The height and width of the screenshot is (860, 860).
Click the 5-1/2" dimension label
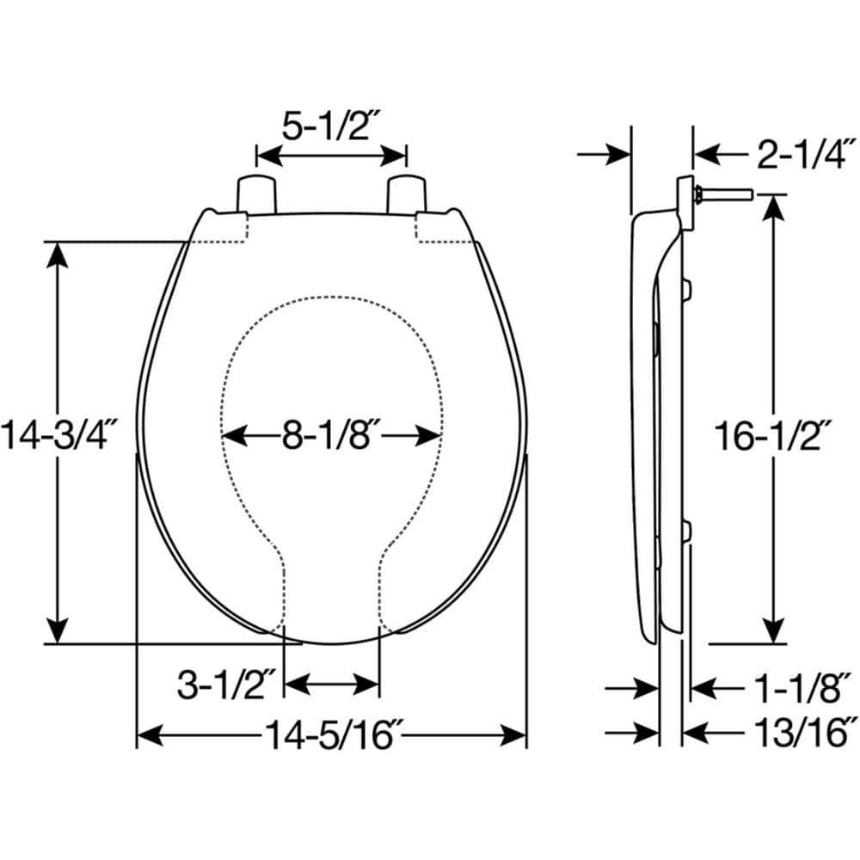(x=332, y=126)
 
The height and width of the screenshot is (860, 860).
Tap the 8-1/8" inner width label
(x=331, y=436)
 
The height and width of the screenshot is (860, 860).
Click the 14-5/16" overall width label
(x=332, y=736)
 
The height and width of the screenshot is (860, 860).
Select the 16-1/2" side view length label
(x=775, y=436)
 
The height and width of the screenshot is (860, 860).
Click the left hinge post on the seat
(x=255, y=193)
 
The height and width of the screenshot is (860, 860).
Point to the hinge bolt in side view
(x=727, y=195)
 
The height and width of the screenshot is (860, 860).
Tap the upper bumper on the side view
(x=687, y=290)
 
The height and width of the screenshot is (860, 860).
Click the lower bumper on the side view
(x=687, y=532)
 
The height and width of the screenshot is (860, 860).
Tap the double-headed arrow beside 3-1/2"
(x=331, y=685)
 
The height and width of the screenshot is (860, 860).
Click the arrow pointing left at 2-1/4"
(x=705, y=155)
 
